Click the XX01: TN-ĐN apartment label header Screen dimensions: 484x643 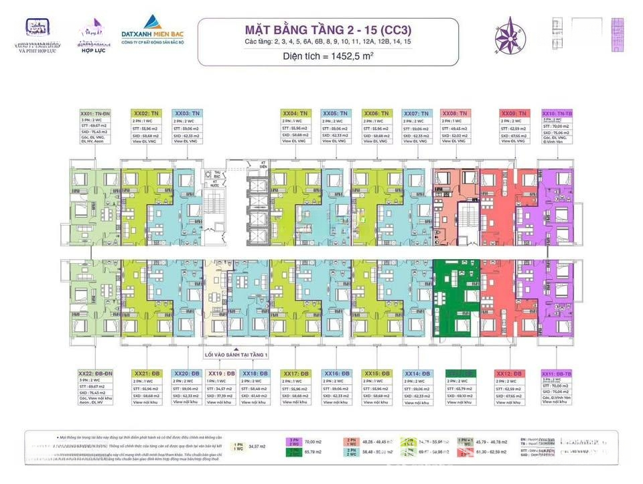[x=93, y=114]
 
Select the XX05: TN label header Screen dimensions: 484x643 [x=336, y=114]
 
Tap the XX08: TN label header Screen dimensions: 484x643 [x=456, y=114]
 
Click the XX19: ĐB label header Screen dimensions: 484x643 [x=220, y=374]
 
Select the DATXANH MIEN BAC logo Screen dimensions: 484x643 [x=153, y=33]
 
